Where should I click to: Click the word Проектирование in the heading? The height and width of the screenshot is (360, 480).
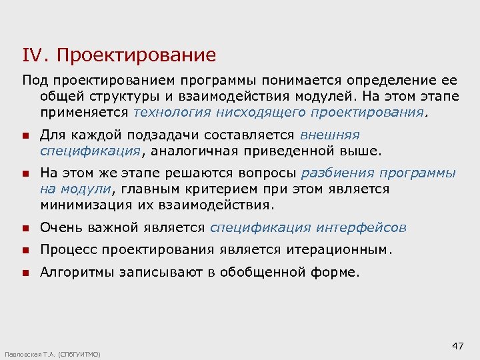click(137, 55)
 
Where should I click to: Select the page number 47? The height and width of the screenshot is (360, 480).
click(457, 345)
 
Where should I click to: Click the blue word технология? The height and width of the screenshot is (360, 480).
click(170, 113)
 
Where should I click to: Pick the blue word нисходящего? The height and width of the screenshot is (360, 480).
click(260, 113)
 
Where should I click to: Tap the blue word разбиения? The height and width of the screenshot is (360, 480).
click(339, 173)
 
